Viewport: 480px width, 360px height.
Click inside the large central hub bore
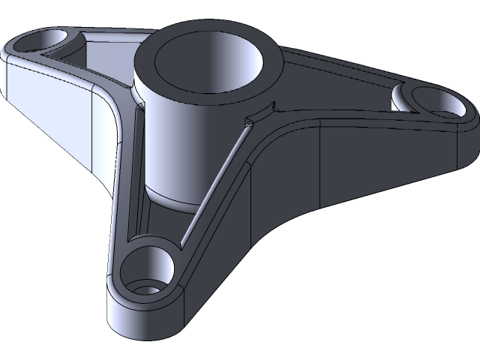click(214, 64)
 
